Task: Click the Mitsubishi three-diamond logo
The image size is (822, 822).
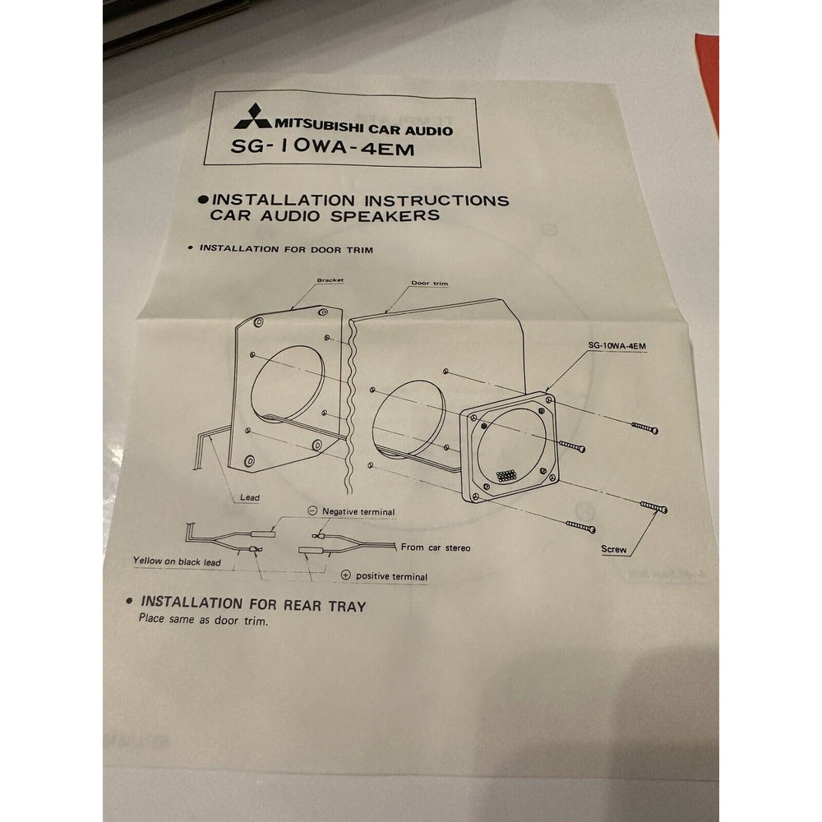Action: click(x=253, y=116)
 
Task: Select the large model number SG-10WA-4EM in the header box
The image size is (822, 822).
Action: click(x=322, y=147)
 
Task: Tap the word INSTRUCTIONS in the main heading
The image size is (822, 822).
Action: click(x=436, y=201)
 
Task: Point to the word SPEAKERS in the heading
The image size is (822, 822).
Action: click(x=386, y=215)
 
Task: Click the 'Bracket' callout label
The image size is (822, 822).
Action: click(x=330, y=280)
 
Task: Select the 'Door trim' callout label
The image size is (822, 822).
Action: click(x=430, y=283)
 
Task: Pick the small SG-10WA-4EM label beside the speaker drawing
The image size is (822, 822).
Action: click(x=617, y=345)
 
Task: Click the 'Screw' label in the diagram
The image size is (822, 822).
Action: click(x=614, y=549)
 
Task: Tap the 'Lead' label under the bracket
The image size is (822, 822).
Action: click(x=250, y=497)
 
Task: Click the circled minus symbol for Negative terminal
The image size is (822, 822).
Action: click(x=312, y=510)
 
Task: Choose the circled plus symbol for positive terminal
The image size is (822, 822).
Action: click(x=345, y=575)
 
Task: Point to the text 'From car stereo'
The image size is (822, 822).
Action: click(x=436, y=547)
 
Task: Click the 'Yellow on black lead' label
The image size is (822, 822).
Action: click(x=178, y=561)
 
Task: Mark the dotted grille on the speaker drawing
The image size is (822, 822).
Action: click(x=505, y=475)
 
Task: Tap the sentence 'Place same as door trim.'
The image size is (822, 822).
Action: click(x=203, y=620)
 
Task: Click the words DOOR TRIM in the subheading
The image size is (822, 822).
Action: click(x=342, y=250)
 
